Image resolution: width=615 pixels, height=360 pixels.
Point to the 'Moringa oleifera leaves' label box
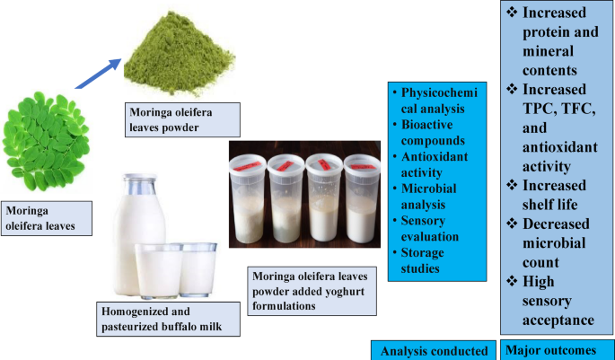[47, 218]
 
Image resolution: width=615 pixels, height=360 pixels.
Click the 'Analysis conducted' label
[434, 349]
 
